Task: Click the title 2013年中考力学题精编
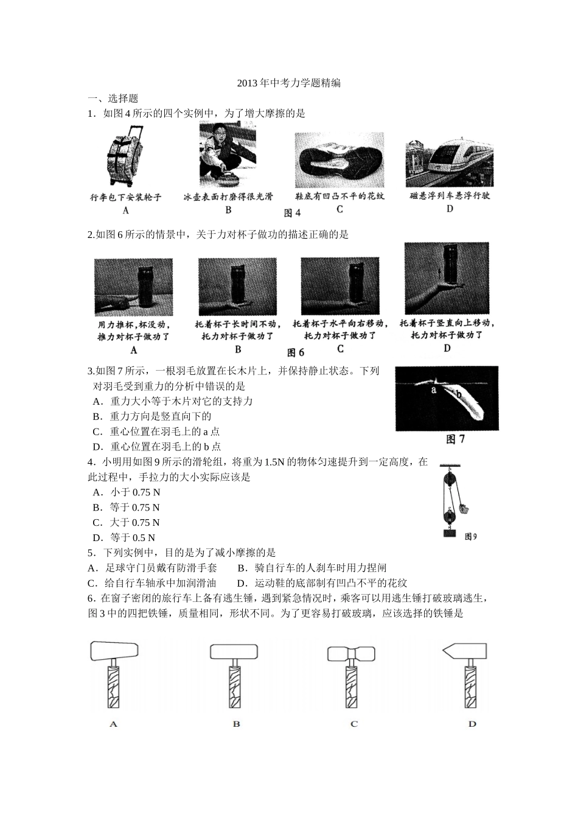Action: (289, 83)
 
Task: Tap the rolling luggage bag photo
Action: (126, 157)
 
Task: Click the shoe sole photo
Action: (339, 160)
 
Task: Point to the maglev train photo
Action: (449, 161)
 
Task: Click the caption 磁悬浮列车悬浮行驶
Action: (450, 196)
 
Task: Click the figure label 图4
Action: (293, 212)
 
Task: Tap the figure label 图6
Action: (295, 352)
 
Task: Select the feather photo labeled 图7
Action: (447, 398)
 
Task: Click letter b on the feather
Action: (459, 396)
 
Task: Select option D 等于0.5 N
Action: (124, 537)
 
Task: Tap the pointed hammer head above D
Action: (464, 651)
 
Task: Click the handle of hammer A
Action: (114, 686)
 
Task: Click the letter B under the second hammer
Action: (236, 724)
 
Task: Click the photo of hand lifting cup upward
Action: (447, 278)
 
